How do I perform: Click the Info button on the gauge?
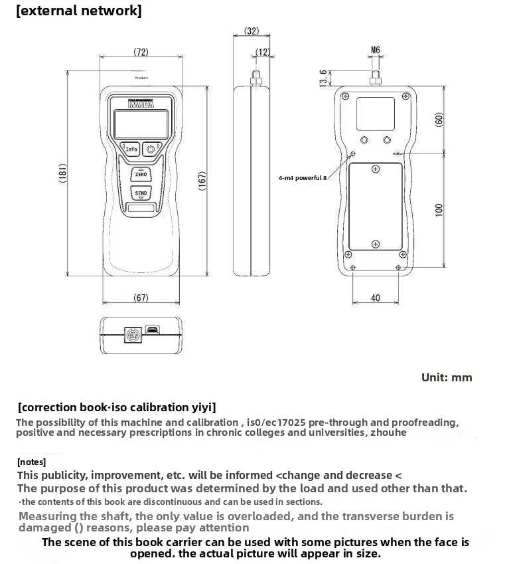[x=131, y=149]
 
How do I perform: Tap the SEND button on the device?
[x=141, y=193]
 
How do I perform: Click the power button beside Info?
[x=152, y=149]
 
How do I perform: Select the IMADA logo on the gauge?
[x=141, y=104]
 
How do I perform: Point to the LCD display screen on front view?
[x=140, y=124]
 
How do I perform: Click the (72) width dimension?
[x=141, y=51]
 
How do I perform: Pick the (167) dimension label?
[x=202, y=181]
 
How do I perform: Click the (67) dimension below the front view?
[x=141, y=298]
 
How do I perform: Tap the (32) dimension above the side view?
[x=252, y=31]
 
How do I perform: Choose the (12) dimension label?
[x=263, y=51]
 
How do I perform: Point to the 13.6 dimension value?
[x=323, y=78]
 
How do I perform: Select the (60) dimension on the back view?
[x=439, y=120]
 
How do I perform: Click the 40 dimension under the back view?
[x=376, y=298]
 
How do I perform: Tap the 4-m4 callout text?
[x=303, y=178]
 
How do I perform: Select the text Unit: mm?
[x=447, y=377]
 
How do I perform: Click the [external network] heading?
[x=78, y=11]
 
